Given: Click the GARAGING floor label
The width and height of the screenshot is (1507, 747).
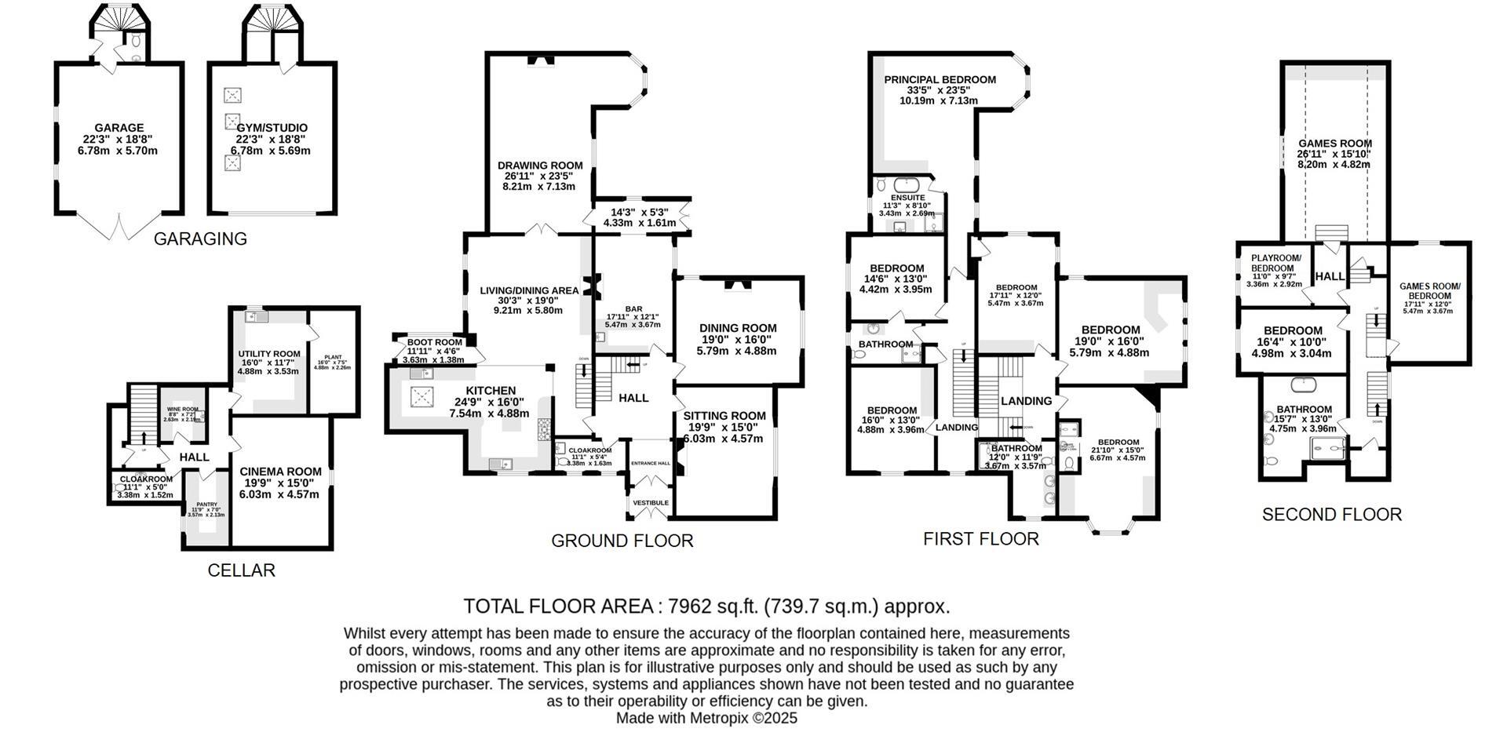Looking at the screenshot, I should (x=200, y=239).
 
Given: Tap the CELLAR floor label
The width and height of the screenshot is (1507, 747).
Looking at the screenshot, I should (x=241, y=570).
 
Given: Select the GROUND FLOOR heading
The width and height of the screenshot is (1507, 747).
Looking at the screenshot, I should (x=622, y=541).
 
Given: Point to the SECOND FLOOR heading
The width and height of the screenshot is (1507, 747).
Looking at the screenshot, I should (x=1331, y=515).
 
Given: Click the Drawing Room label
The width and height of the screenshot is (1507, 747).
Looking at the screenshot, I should (x=540, y=166).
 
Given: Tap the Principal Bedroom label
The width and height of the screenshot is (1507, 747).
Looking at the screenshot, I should (x=940, y=79).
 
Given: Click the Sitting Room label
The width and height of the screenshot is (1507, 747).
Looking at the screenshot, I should (x=724, y=416).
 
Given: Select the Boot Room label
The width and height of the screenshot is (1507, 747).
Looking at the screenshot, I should (x=434, y=342).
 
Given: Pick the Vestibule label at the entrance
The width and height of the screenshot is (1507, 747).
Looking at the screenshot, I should (x=651, y=502).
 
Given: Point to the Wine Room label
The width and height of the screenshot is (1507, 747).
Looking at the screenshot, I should (x=182, y=409).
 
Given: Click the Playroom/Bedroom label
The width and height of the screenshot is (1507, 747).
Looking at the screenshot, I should (x=1275, y=263).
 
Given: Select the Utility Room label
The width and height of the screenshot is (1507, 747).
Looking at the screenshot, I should (x=269, y=354).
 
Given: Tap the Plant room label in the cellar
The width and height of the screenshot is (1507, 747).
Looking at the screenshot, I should (x=332, y=357).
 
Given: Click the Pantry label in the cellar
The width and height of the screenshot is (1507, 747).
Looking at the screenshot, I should (x=206, y=505).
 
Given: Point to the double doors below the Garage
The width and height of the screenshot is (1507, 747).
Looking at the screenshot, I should (x=119, y=227).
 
